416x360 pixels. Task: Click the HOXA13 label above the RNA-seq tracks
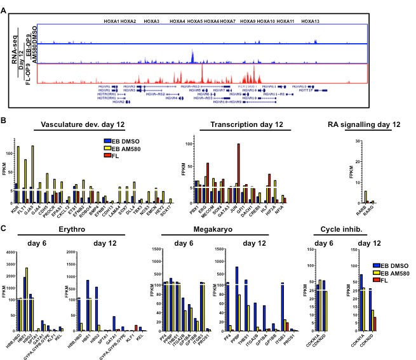click(311, 22)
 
